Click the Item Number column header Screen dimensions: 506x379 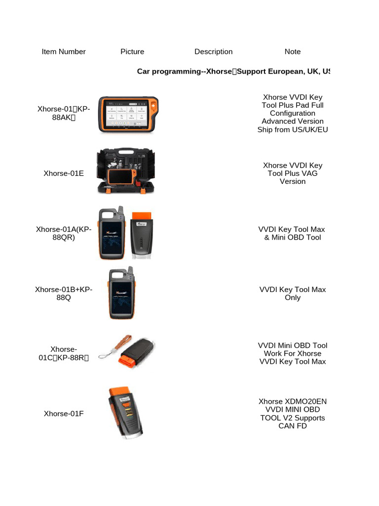click(64, 51)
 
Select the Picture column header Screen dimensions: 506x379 click(132, 51)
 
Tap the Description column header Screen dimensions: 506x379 click(213, 51)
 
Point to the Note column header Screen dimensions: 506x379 click(293, 51)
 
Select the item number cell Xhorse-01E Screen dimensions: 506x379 click(64, 173)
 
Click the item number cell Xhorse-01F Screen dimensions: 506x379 click(64, 414)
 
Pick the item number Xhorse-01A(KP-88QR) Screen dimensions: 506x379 click(64, 233)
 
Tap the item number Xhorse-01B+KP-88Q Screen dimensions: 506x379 click(64, 294)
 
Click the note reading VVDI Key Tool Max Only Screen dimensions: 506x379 click(293, 294)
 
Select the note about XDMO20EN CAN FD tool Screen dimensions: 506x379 click(293, 414)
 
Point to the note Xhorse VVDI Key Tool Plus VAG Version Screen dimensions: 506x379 click(293, 173)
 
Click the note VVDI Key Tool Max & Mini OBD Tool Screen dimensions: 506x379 click(293, 233)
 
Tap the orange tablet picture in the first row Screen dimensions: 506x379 click(129, 114)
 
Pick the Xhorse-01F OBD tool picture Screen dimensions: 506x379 click(125, 414)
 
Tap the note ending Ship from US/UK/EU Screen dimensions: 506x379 click(293, 129)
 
